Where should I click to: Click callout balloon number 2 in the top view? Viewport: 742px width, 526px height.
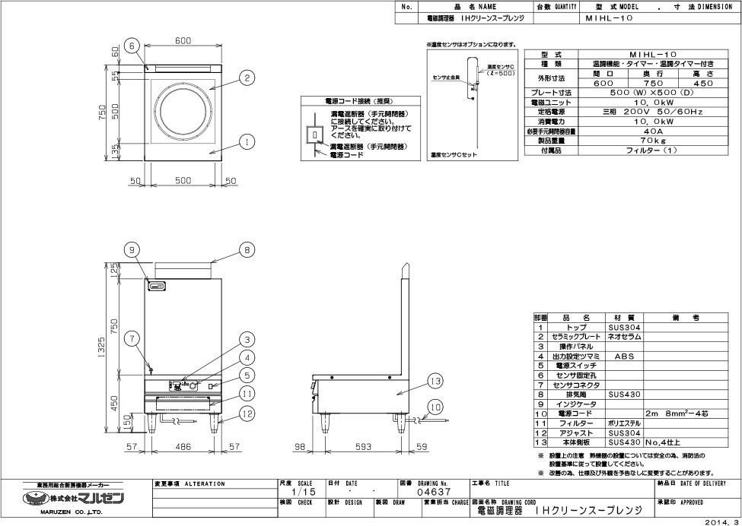pos(248,77)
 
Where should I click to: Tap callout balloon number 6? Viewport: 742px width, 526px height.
pos(132,46)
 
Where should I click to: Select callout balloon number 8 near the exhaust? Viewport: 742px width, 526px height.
pos(247,249)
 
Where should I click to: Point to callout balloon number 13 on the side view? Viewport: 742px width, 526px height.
pos(435,381)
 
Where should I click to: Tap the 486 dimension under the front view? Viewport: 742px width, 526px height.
pos(183,448)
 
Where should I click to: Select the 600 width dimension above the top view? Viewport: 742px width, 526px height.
pos(183,40)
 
